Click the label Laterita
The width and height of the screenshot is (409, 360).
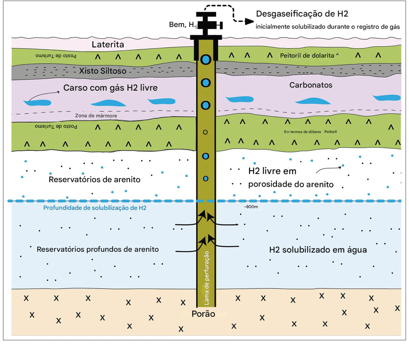coord(108,44)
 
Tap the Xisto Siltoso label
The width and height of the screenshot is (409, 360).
coord(102,71)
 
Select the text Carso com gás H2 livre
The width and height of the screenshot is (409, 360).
coord(110,88)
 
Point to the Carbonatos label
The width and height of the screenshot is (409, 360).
coord(311,85)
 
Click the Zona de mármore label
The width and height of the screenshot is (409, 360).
coord(96,116)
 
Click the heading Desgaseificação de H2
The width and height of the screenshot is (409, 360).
coord(302,14)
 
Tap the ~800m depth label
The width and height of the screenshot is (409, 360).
coord(251,207)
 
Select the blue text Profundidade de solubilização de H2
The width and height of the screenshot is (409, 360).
coord(95,208)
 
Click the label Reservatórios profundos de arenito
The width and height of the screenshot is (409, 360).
coord(98,249)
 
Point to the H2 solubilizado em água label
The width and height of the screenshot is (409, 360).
coord(318,250)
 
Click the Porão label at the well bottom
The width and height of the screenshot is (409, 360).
coord(203,314)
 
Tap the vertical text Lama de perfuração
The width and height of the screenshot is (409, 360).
coord(206,278)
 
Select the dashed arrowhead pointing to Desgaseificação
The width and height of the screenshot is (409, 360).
coord(249,22)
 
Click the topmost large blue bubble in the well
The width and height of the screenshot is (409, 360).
coord(206,59)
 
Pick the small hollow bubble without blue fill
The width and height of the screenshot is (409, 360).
coord(205,132)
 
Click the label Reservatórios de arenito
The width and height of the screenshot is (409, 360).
coord(94,179)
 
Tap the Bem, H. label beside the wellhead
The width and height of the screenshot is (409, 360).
coord(182,25)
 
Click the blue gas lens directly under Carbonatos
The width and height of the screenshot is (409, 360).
coord(313,101)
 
